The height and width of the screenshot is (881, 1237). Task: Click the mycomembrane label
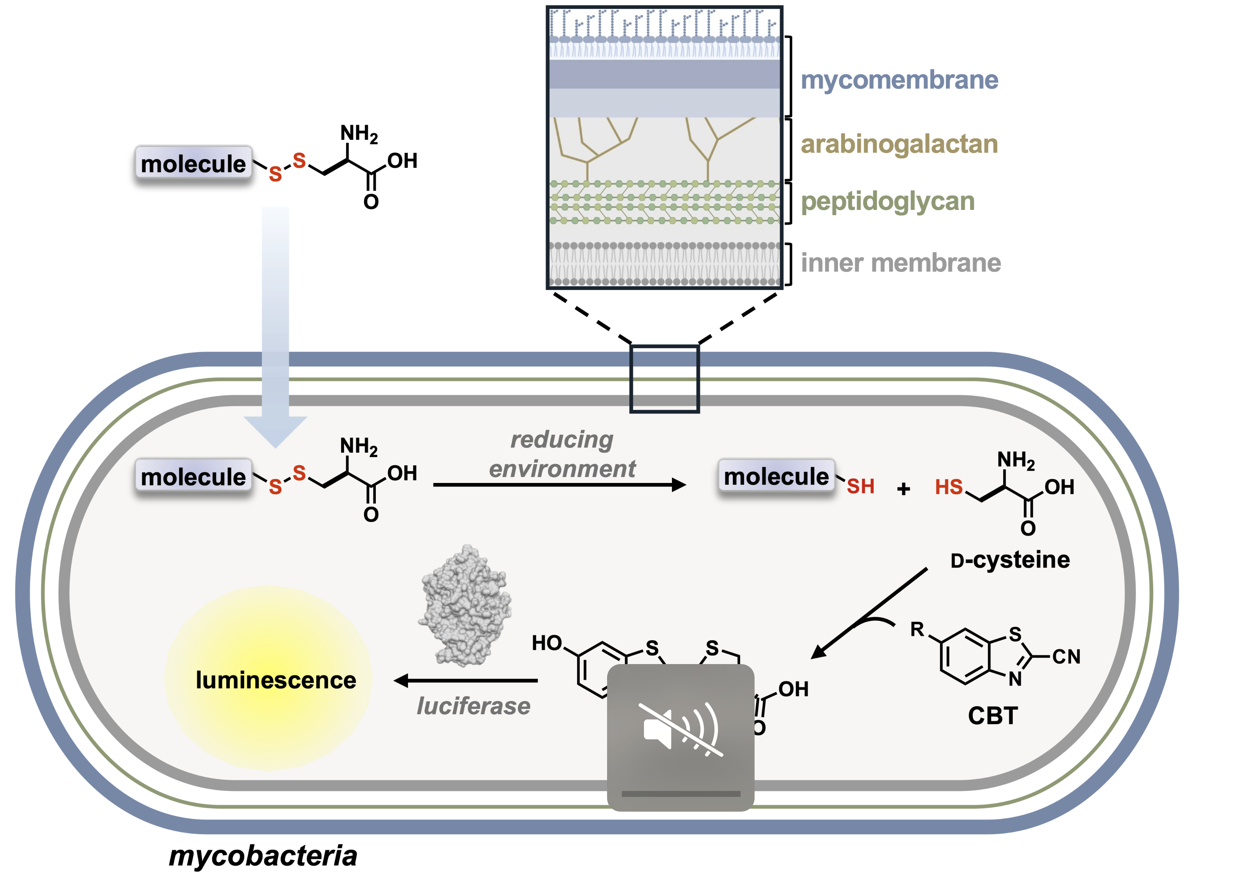coord(899,80)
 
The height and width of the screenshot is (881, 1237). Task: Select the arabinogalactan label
coord(899,144)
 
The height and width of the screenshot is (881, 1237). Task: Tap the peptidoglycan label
coord(888,202)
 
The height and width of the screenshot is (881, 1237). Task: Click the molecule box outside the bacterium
coord(193,163)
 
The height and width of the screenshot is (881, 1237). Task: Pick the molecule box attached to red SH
coord(776,476)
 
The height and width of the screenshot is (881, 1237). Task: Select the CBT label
coord(993,716)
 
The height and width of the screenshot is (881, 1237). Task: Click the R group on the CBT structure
coord(917,629)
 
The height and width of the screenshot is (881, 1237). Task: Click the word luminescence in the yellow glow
coord(276,680)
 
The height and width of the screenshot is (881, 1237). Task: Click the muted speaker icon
coord(680,730)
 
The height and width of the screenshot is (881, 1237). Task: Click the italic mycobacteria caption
coord(263,856)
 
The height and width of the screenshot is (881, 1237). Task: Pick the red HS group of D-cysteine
coord(949,487)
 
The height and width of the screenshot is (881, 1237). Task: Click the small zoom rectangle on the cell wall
coord(664,379)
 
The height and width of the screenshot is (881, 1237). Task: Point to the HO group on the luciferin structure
coord(547,643)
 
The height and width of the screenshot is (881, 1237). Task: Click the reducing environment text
coord(562,455)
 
